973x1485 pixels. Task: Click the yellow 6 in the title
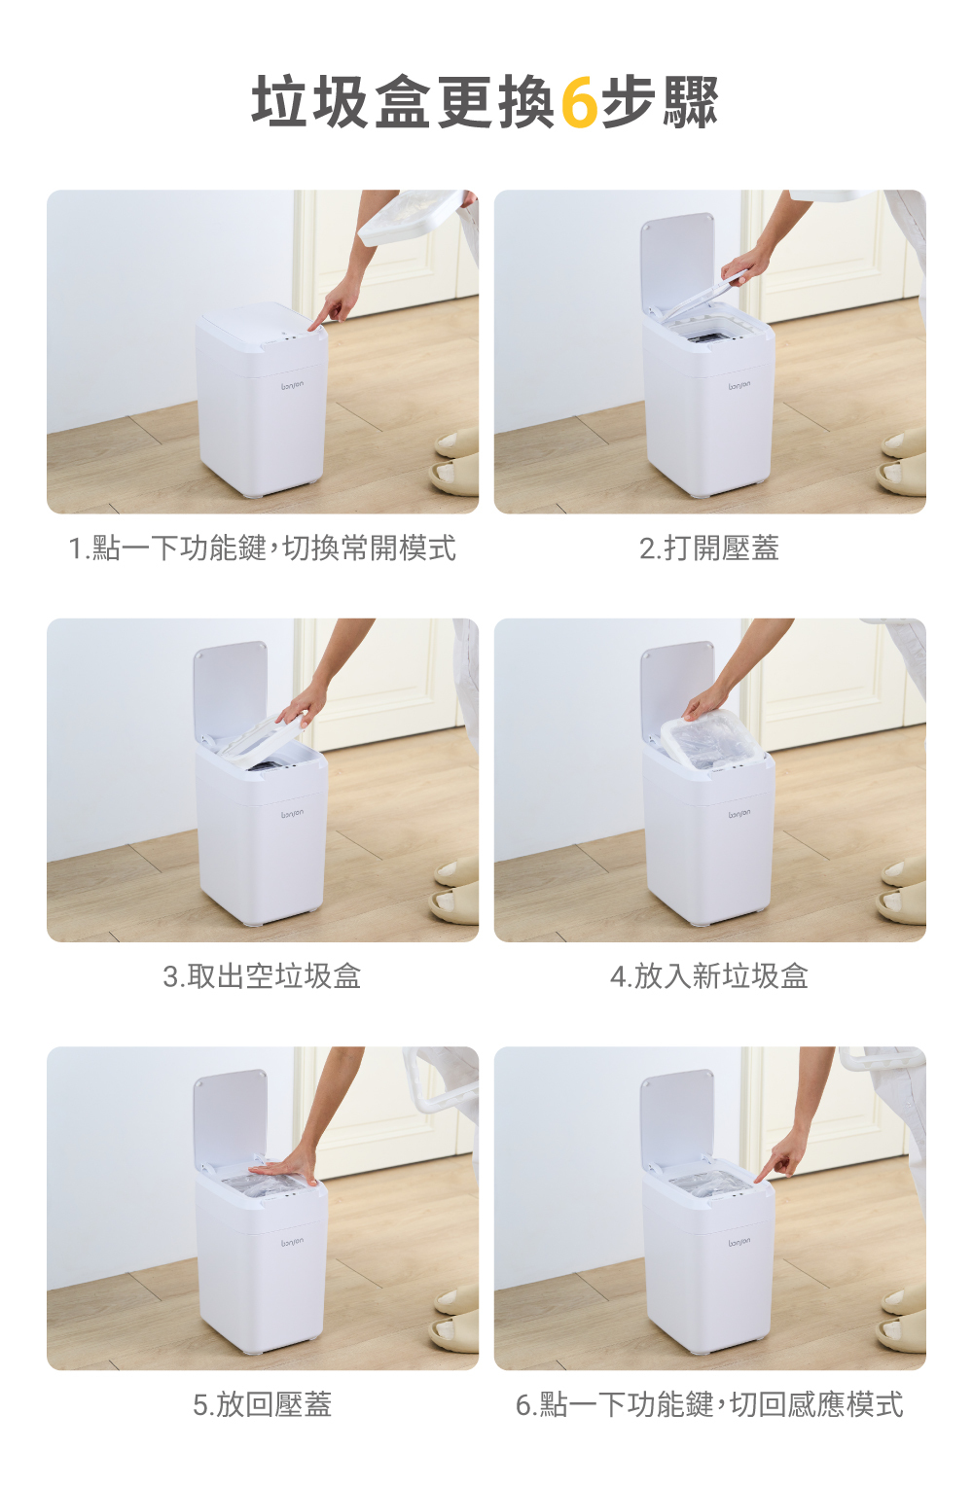tap(579, 102)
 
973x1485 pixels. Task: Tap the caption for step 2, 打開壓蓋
tap(709, 548)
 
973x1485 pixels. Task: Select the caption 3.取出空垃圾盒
tap(262, 975)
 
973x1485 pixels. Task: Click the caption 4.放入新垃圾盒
tap(709, 975)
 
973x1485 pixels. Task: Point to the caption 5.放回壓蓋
tap(262, 1404)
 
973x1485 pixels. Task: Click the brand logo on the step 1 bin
tap(293, 385)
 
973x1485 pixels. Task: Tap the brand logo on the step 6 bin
tap(739, 1241)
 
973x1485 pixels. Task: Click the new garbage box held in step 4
tap(708, 739)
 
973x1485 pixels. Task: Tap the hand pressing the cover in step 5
tap(282, 1169)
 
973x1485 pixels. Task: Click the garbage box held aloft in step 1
tap(413, 218)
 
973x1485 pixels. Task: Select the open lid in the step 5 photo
tap(231, 1119)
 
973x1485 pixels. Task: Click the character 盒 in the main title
tap(403, 102)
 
